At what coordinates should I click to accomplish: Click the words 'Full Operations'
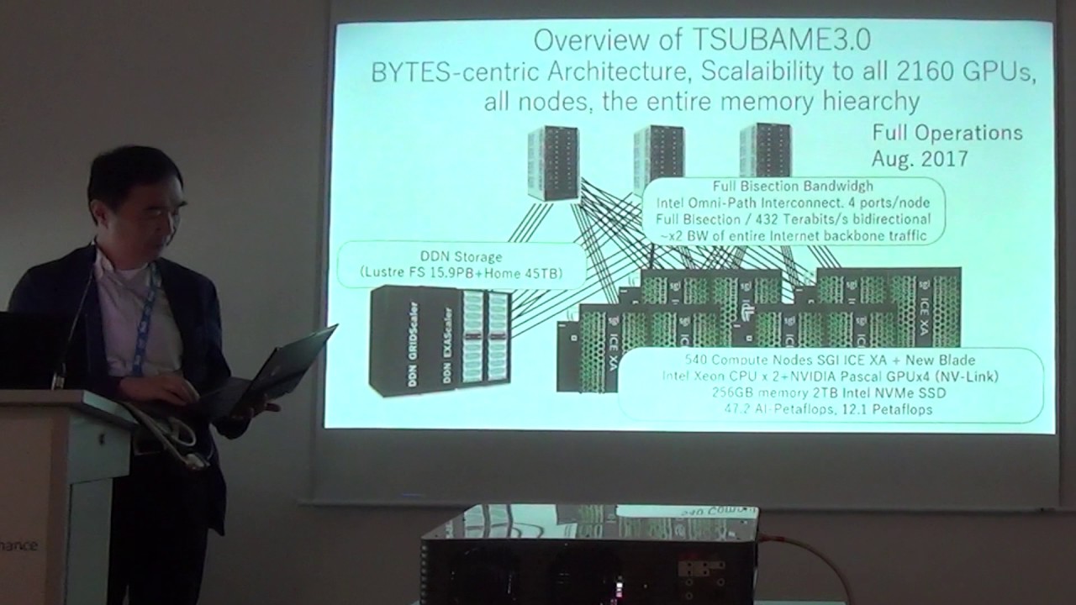(x=947, y=133)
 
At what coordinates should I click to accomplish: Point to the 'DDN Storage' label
(x=461, y=256)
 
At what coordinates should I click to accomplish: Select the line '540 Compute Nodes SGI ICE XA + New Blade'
(x=830, y=360)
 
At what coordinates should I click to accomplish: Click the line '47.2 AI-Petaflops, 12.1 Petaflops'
(x=828, y=409)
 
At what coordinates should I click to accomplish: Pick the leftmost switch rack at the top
(x=553, y=162)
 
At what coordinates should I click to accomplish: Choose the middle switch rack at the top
(x=657, y=155)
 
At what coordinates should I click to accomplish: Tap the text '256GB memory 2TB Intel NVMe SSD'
(x=828, y=392)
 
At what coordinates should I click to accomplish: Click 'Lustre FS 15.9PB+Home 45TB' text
(x=461, y=272)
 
